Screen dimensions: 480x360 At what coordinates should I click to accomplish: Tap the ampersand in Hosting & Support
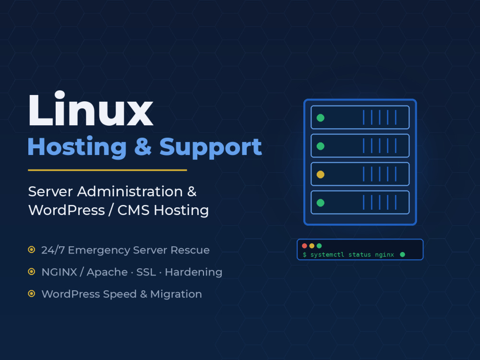pyautogui.click(x=143, y=146)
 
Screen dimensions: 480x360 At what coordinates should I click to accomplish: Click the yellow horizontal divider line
pyautogui.click(x=108, y=170)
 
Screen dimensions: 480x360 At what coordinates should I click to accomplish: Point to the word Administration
pyautogui.click(x=130, y=192)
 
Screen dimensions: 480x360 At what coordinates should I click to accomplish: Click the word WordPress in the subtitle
pyautogui.click(x=67, y=210)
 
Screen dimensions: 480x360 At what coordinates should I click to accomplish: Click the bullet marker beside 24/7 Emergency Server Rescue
pyautogui.click(x=32, y=250)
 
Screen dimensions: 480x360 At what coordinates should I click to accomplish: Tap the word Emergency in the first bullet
pyautogui.click(x=99, y=251)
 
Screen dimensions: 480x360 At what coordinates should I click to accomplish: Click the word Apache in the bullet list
pyautogui.click(x=107, y=273)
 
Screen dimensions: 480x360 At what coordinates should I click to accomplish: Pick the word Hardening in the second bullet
pyautogui.click(x=193, y=273)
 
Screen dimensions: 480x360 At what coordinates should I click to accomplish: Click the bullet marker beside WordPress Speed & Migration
pyautogui.click(x=32, y=294)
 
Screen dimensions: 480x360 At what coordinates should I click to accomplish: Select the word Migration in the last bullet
pyautogui.click(x=176, y=294)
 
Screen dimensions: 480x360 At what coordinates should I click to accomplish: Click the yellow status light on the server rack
pyautogui.click(x=321, y=175)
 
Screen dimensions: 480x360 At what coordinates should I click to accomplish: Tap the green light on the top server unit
pyautogui.click(x=321, y=118)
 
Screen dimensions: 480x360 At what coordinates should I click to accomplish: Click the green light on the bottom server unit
pyautogui.click(x=321, y=203)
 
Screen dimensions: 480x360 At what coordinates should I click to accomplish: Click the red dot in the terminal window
pyautogui.click(x=304, y=246)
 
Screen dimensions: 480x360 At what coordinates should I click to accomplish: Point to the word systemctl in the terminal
pyautogui.click(x=327, y=255)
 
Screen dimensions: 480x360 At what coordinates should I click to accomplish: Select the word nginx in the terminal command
pyautogui.click(x=384, y=255)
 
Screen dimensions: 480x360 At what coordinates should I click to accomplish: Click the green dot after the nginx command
pyautogui.click(x=403, y=254)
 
